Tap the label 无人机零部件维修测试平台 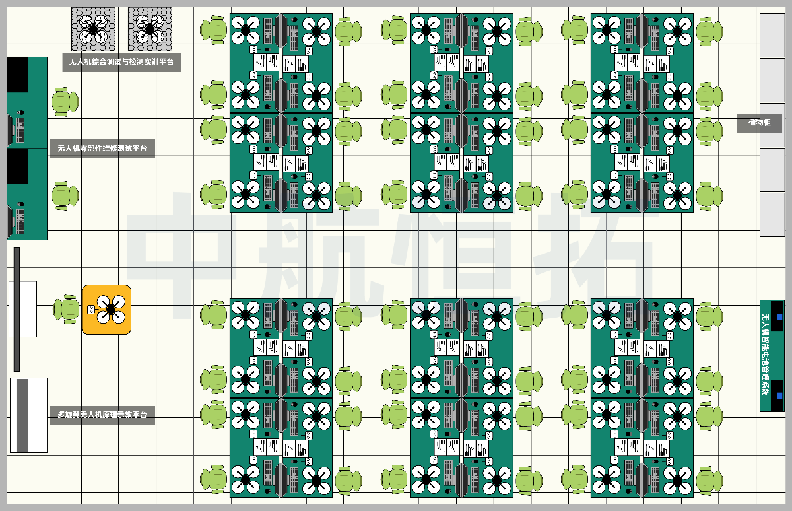pos(102,148)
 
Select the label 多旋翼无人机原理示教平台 pos(102,415)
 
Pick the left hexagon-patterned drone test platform pos(93,29)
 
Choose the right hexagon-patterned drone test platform pos(150,29)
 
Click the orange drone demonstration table pos(106,309)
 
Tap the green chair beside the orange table pos(67,309)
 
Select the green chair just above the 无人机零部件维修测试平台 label pos(65,101)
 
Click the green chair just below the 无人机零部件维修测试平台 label pos(65,195)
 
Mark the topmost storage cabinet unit pos(772,34)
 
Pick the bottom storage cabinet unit pos(772,215)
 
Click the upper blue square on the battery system pos(779,317)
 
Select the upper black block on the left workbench pos(17,75)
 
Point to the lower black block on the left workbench pos(17,166)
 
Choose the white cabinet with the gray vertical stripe pos(28,415)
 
